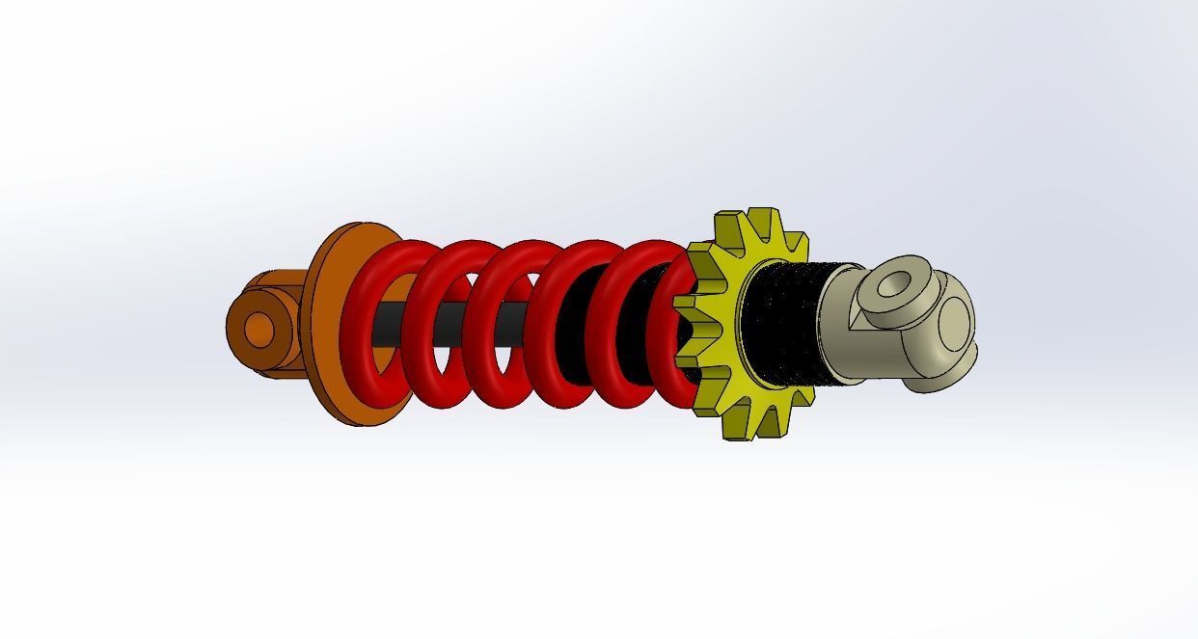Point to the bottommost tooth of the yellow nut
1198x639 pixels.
(738, 424)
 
